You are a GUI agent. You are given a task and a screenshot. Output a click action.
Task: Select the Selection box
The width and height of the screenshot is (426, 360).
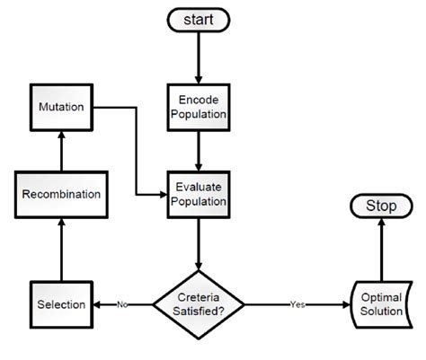60,304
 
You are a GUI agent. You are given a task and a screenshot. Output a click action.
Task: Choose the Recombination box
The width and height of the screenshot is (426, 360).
60,194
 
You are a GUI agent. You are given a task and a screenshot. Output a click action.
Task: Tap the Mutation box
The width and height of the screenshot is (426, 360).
60,107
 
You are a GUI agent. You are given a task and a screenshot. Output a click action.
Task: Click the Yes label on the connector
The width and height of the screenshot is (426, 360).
297,304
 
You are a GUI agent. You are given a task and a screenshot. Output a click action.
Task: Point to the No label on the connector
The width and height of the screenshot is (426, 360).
122,304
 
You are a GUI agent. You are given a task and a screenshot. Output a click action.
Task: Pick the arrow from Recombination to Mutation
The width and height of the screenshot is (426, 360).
60,151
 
